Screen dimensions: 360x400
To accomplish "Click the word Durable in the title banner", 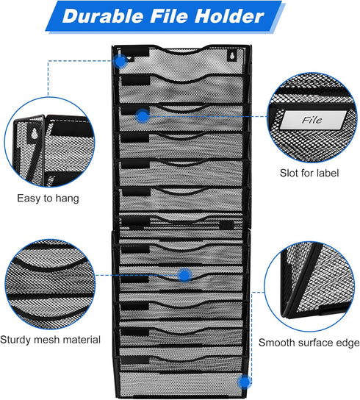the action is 103,16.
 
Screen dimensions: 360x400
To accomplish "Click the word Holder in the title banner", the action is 229,16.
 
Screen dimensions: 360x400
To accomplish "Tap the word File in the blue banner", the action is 169,16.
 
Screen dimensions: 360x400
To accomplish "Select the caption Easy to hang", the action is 48,199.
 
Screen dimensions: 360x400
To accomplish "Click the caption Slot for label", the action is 309,173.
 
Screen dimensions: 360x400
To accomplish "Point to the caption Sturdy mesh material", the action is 50,340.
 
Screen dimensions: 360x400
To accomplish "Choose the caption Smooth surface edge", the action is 309,343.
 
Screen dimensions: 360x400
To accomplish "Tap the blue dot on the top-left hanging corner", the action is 120,61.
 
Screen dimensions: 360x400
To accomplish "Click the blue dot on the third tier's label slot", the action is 143,116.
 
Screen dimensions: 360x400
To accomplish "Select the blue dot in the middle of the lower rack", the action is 184,275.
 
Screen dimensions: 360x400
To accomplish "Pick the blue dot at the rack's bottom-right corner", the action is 244,382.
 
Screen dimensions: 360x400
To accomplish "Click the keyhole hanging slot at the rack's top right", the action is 231,57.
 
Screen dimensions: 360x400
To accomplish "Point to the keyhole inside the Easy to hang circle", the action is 34,134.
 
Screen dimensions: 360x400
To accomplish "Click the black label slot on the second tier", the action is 135,81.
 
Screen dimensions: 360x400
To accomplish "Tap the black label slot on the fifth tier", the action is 135,164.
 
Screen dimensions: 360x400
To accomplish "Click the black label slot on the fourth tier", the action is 135,138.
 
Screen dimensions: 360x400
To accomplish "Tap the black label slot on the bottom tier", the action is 135,360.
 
